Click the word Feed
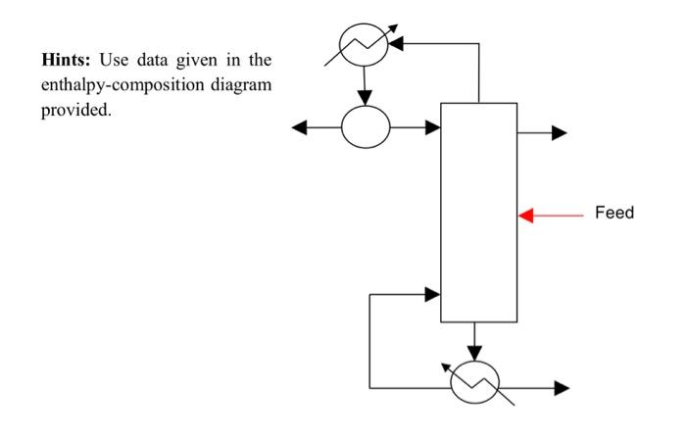[614, 213]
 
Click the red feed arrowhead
[526, 214]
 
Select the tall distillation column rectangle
[478, 212]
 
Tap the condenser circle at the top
[364, 42]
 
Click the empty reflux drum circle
[366, 126]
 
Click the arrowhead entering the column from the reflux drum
[433, 126]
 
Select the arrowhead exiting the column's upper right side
[560, 133]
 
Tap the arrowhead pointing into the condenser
[398, 43]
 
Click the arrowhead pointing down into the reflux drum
[366, 97]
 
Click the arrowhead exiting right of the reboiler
[561, 388]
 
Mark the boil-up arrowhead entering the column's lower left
[432, 293]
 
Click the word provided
[76, 108]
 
